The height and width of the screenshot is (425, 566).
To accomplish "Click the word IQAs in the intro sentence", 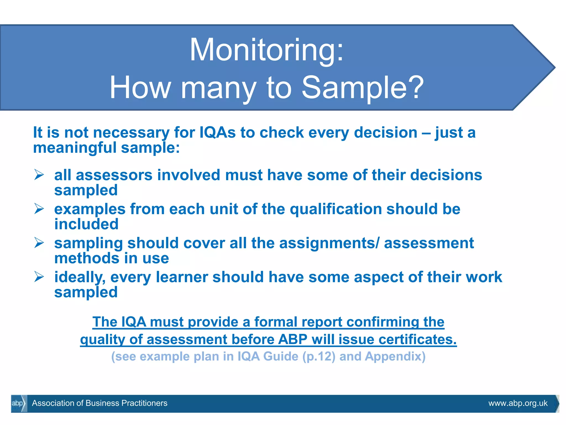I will [x=218, y=132].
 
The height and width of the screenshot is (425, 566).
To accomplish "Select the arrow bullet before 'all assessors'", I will [x=39, y=175].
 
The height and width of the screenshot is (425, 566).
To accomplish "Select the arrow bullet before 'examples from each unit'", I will [x=39, y=209].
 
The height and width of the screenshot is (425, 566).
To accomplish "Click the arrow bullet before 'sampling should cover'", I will [x=39, y=243].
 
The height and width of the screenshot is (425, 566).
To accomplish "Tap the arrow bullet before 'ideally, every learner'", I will [x=39, y=277].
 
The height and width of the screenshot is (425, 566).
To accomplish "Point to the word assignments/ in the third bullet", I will [x=329, y=243].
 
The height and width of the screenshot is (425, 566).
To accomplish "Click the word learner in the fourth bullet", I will [x=182, y=277].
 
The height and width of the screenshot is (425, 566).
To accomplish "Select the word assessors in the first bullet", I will [x=114, y=175].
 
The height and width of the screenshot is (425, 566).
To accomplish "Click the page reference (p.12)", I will [x=319, y=356].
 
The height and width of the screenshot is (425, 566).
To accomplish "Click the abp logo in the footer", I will [x=18, y=403].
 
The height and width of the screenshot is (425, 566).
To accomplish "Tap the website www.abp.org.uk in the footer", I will [x=518, y=403].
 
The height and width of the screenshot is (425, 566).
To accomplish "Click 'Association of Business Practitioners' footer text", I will [x=99, y=403].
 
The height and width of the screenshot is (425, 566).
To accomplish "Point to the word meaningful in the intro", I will [x=75, y=147].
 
